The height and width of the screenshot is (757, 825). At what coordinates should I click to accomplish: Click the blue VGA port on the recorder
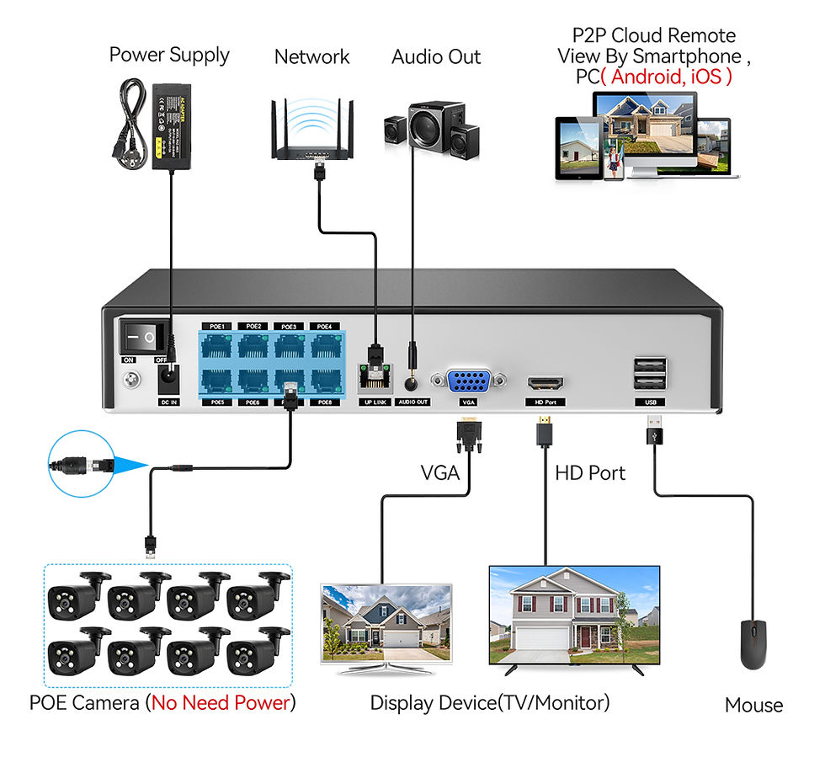click(x=469, y=381)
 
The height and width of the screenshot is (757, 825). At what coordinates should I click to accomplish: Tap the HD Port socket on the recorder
click(x=546, y=383)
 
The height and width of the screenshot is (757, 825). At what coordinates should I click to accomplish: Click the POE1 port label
click(x=216, y=326)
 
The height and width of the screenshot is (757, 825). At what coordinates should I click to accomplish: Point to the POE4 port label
click(x=325, y=326)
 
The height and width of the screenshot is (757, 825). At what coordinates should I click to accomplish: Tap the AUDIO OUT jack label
click(x=412, y=402)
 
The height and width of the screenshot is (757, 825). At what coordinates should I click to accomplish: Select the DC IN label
click(x=169, y=402)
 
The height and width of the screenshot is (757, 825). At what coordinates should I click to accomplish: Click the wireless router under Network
click(x=312, y=135)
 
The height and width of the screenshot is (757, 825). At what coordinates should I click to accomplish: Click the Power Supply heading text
click(x=169, y=56)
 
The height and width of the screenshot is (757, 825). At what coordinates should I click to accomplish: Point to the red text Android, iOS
click(x=670, y=76)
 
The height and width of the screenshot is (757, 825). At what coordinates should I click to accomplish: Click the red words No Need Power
click(x=221, y=702)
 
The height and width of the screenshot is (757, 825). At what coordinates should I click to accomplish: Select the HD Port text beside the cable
click(x=590, y=473)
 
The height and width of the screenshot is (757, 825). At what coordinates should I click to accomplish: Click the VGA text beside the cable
click(x=440, y=473)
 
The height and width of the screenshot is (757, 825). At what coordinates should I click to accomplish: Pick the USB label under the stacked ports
click(x=650, y=402)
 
